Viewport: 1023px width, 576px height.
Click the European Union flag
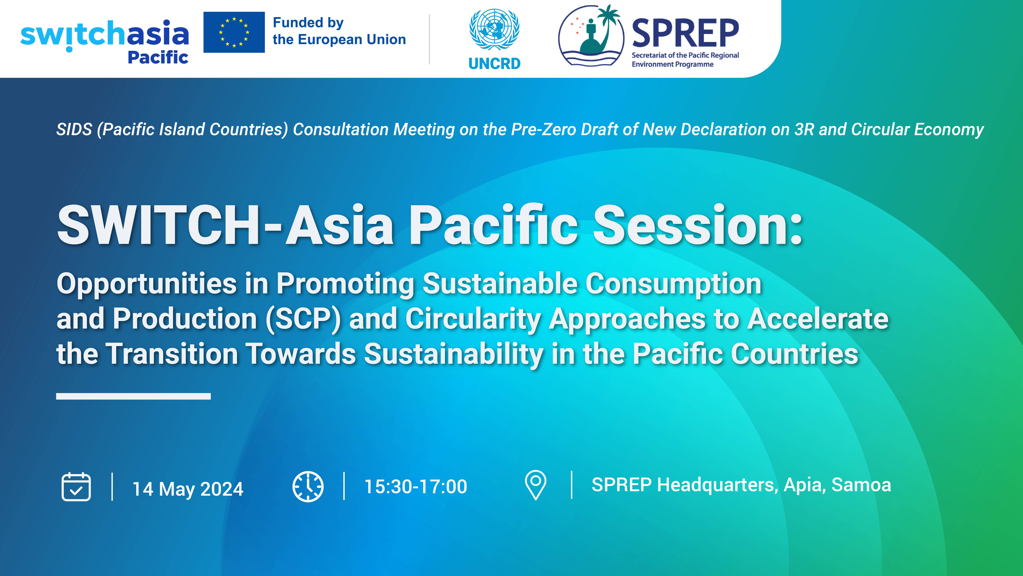click(234, 32)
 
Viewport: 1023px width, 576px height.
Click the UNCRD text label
click(494, 64)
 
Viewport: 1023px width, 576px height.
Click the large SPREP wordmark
click(685, 33)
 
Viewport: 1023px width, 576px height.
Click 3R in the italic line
click(804, 130)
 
